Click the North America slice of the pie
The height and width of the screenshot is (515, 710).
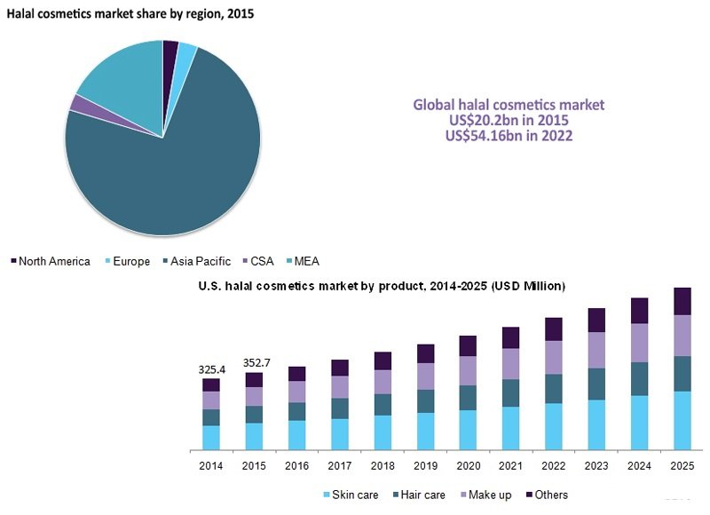click(170, 59)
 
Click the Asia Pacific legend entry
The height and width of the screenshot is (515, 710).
click(197, 261)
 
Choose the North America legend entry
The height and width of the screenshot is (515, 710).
click(51, 261)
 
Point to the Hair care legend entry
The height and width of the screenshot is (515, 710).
click(419, 495)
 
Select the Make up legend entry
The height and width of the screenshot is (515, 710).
click(485, 495)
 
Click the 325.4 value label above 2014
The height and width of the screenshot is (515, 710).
click(212, 369)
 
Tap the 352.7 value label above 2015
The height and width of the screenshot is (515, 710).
click(256, 363)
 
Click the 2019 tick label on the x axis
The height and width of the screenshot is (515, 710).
click(426, 465)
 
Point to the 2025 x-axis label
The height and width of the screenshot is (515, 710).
click(682, 465)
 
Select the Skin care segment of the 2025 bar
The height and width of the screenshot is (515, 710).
click(682, 420)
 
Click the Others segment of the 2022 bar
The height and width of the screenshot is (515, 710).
click(554, 329)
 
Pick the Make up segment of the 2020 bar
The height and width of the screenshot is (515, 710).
click(469, 370)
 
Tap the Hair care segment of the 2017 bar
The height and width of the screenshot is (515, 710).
click(340, 408)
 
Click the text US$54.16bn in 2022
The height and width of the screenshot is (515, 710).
click(509, 136)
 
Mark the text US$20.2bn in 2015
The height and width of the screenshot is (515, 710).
click(509, 120)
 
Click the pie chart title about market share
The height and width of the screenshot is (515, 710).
click(130, 13)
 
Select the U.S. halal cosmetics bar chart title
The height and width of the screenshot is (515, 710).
click(382, 286)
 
